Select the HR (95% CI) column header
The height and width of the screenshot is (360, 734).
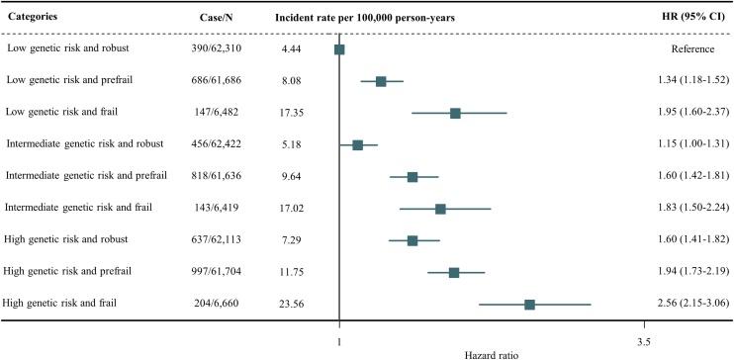[x=695, y=18]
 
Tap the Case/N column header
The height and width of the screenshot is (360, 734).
[x=217, y=18]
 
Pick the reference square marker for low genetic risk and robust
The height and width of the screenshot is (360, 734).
[x=339, y=49]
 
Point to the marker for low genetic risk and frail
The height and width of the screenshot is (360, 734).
[x=455, y=113]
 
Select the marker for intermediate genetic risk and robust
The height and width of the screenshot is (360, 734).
[x=358, y=144]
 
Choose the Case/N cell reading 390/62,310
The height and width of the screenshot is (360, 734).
[x=217, y=49]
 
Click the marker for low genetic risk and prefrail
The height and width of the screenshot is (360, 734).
[x=381, y=81]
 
